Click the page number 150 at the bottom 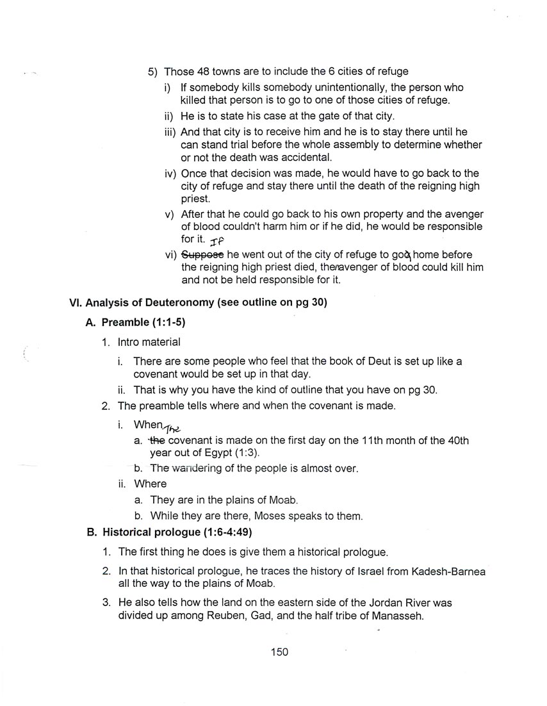pos(279,652)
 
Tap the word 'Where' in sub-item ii pos(150,484)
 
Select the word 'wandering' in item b pos(195,468)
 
